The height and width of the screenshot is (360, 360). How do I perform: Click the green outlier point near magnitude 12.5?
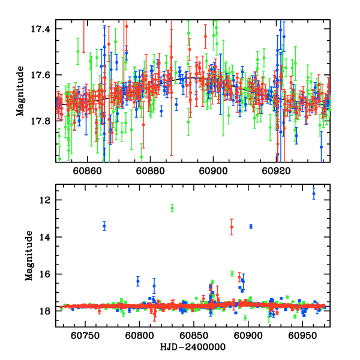pos(172,208)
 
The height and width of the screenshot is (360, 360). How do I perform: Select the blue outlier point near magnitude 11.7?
pos(313,193)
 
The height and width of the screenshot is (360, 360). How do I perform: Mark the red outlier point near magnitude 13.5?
pos(232,227)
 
